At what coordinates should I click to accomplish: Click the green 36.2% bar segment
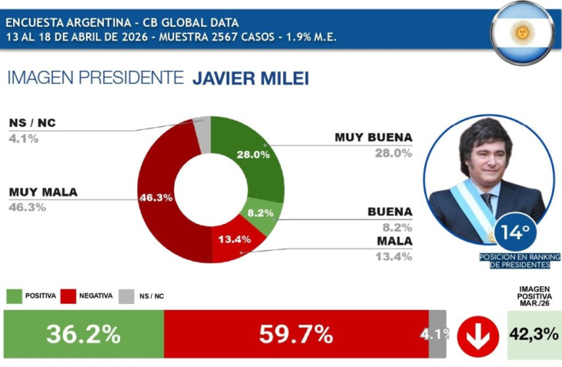point(83,334)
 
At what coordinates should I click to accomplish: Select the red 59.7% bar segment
point(296,334)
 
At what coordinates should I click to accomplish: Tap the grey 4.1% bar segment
point(437,334)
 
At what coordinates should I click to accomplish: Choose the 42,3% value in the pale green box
point(534,335)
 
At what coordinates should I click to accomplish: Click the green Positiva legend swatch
point(15,295)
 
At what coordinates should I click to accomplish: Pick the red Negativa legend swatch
point(68,295)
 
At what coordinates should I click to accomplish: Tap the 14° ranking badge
point(515,232)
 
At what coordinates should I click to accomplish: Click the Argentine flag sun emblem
point(523,32)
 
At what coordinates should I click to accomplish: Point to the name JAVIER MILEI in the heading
point(250,78)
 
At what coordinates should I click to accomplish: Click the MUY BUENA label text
point(373,138)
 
